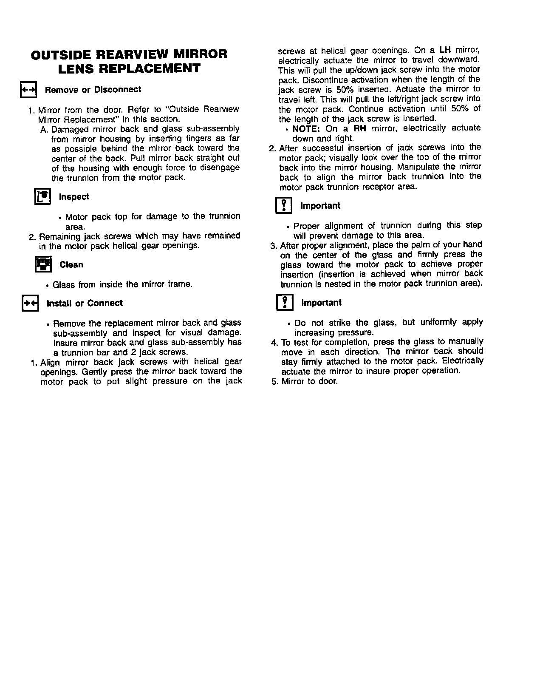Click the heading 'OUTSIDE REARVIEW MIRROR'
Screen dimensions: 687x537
click(x=129, y=54)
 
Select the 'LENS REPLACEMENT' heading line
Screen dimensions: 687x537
click(x=129, y=68)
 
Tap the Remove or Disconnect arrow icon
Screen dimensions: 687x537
click(x=29, y=90)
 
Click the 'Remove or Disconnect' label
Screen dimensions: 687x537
click(x=93, y=90)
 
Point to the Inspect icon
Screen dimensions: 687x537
click(x=42, y=196)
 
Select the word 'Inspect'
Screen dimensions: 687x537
click(x=74, y=197)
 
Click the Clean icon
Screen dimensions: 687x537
click(x=42, y=264)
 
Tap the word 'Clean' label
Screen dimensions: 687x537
click(x=71, y=265)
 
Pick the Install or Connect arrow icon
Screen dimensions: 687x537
click(x=30, y=303)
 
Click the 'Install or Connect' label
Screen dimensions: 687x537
click(x=84, y=303)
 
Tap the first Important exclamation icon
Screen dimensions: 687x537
click(x=284, y=206)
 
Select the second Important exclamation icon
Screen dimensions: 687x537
click(x=285, y=303)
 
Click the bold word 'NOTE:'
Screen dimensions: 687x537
click(x=306, y=128)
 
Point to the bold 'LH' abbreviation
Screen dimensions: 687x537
click(x=445, y=50)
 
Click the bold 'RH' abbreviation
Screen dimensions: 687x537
click(x=360, y=128)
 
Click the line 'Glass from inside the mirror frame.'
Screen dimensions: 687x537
click(x=122, y=284)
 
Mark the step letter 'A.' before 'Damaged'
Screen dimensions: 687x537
click(x=44, y=129)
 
